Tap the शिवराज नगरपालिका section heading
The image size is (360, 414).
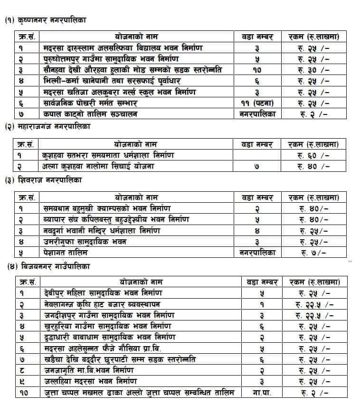tap(45, 180)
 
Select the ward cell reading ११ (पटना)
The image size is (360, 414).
tap(257, 103)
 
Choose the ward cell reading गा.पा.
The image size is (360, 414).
tap(262, 392)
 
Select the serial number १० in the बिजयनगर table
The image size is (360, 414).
tap(24, 392)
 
